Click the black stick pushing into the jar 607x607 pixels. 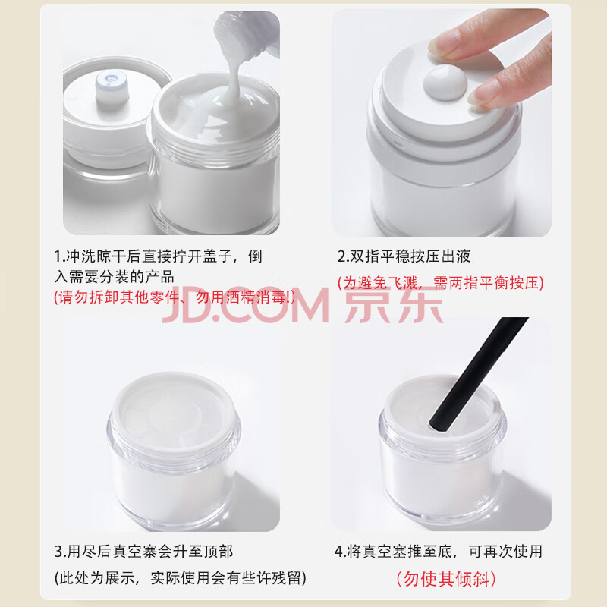(x=479, y=374)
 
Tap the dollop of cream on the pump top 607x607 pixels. (x=445, y=82)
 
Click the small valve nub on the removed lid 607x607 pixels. (x=112, y=88)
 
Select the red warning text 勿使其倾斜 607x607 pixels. (x=445, y=579)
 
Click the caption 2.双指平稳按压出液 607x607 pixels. (x=404, y=256)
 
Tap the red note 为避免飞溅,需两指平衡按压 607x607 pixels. (x=441, y=282)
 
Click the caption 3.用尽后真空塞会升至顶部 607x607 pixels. (x=143, y=552)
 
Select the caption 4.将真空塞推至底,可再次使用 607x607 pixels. (x=439, y=552)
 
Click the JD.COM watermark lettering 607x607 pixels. (x=246, y=305)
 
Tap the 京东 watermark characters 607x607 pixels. (x=394, y=305)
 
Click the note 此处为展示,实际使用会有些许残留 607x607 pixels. (x=180, y=578)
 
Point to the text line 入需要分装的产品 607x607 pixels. (x=115, y=277)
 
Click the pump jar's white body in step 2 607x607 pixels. (x=442, y=201)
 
